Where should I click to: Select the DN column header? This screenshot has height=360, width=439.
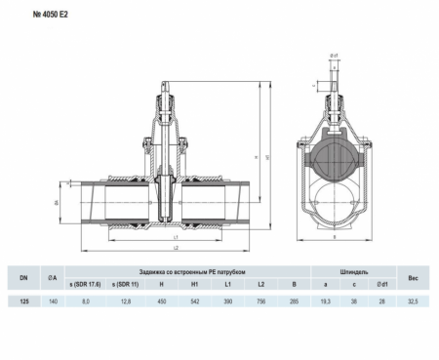pos(22,276)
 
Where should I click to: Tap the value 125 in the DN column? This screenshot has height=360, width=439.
pos(22,302)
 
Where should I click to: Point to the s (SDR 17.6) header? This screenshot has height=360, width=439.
pos(86,284)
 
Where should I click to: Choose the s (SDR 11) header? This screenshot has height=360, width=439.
pos(125,284)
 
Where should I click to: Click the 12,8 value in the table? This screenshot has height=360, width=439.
pos(125,302)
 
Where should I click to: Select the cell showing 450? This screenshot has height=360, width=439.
pos(162,302)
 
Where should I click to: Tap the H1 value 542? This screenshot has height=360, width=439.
pos(194,302)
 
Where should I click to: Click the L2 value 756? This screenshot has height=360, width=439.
pos(260,302)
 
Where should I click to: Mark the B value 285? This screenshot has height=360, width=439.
pos(293,302)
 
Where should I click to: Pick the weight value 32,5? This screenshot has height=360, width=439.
pos(415,302)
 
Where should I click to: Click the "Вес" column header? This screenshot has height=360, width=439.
pos(415,276)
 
